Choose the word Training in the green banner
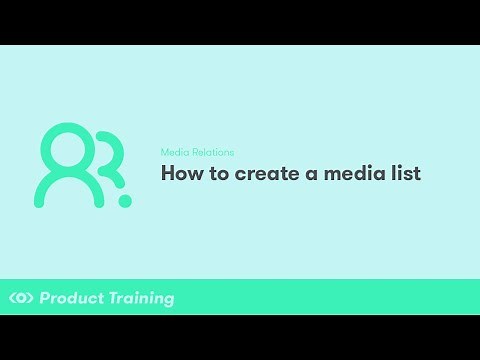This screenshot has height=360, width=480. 140,298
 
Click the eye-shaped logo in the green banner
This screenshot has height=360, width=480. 21,298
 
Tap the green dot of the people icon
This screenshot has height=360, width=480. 125,201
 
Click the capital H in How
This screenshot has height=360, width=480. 169,173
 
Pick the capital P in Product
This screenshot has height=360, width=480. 45,298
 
